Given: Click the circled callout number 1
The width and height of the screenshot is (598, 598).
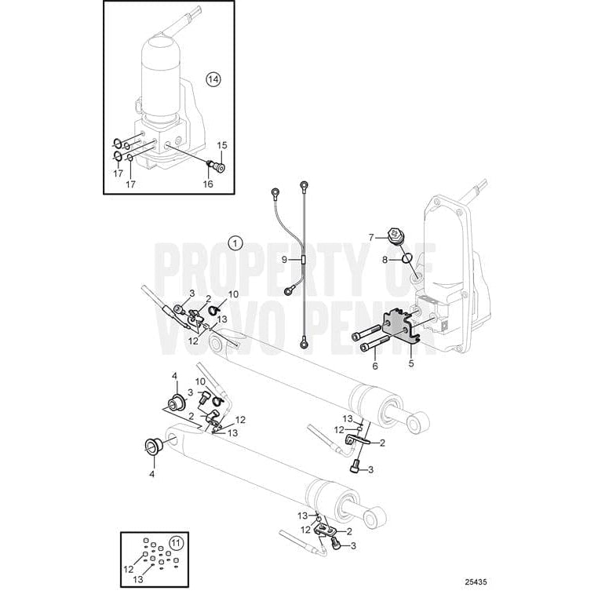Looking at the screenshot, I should point(235,244).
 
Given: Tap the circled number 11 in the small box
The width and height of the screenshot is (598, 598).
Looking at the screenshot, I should point(175,541).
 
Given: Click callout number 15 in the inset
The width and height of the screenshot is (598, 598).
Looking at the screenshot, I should point(221,145).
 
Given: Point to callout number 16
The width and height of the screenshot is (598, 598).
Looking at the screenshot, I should point(208,184).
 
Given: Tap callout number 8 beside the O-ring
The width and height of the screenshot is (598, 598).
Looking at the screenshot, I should point(385,258).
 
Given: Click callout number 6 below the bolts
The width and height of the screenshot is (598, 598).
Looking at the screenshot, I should point(376,366).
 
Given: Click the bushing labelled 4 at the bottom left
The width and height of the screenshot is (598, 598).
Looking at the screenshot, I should point(151,447).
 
